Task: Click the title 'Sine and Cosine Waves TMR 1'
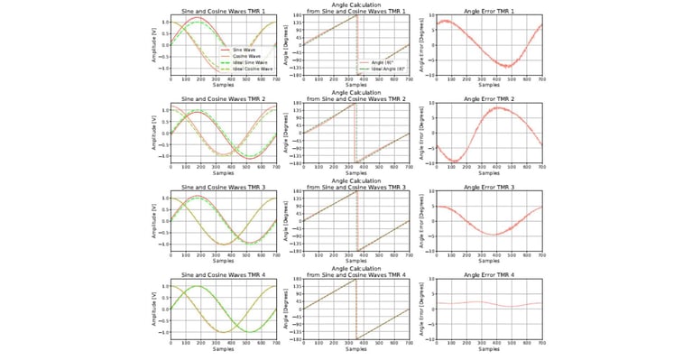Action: point(224,11)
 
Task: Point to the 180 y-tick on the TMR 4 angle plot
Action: point(295,281)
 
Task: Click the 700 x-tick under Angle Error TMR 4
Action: point(541,343)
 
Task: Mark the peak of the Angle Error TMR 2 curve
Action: point(497,108)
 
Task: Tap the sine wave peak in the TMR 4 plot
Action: point(197,286)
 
